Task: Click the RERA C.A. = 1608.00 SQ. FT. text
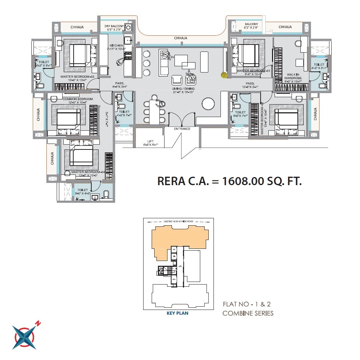229,181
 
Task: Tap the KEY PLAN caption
178,314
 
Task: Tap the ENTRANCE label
182,129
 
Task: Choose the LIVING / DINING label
183,89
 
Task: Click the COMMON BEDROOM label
77,99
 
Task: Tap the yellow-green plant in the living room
223,75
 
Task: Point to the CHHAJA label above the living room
181,38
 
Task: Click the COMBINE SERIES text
248,314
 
